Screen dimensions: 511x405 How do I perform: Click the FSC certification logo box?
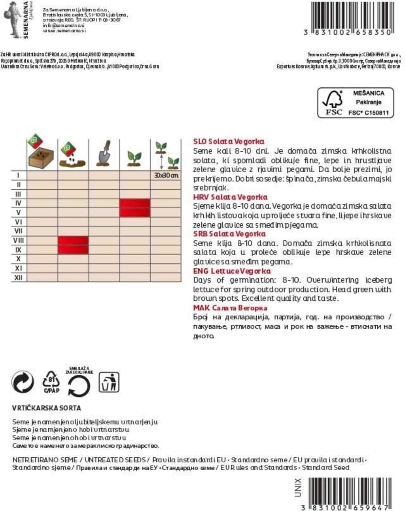pos(356,103)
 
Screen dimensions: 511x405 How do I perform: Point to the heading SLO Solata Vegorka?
pos(229,141)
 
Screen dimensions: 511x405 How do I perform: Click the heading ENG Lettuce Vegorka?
pos(232,271)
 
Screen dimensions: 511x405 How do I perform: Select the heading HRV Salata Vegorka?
pos(230,197)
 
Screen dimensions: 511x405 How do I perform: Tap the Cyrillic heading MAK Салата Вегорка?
pos(230,308)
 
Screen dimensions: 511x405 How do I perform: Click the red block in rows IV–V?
pos(135,208)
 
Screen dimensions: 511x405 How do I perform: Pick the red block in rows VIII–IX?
pos(73,245)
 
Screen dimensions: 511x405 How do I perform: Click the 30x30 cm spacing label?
pos(166,175)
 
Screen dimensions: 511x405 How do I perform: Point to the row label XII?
pos(18,278)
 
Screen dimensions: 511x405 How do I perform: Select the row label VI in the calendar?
pos(18,222)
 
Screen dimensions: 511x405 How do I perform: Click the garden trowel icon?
pos(104,153)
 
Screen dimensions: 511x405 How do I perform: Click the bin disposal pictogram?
pos(109,382)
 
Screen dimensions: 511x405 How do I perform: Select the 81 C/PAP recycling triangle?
pos(51,382)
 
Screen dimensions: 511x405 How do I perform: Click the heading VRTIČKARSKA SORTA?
pos(46,408)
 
